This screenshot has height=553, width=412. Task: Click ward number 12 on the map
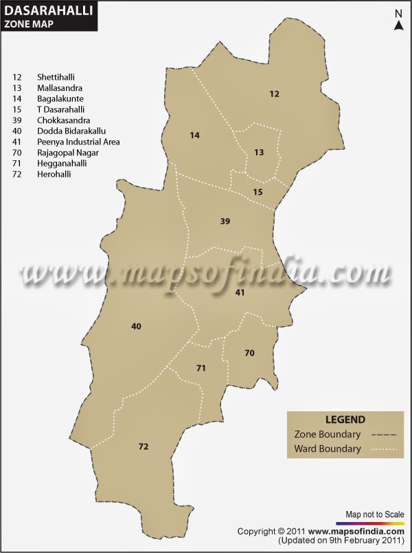point(275,94)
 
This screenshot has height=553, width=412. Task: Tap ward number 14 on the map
point(195,135)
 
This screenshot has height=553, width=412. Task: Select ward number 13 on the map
point(259,152)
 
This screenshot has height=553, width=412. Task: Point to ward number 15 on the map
point(257,192)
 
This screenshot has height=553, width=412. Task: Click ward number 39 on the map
point(225,221)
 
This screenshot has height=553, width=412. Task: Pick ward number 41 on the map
point(240,292)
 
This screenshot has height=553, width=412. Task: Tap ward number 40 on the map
point(136,326)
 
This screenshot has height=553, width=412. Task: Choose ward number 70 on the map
point(249,353)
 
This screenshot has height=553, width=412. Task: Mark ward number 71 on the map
point(201,369)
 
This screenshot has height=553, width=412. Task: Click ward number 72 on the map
point(143,447)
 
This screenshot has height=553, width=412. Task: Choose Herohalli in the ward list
point(54,175)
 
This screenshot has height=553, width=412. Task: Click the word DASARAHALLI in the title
point(48,10)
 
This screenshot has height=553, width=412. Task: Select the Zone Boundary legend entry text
point(327,435)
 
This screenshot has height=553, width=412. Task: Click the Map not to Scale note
point(374,514)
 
